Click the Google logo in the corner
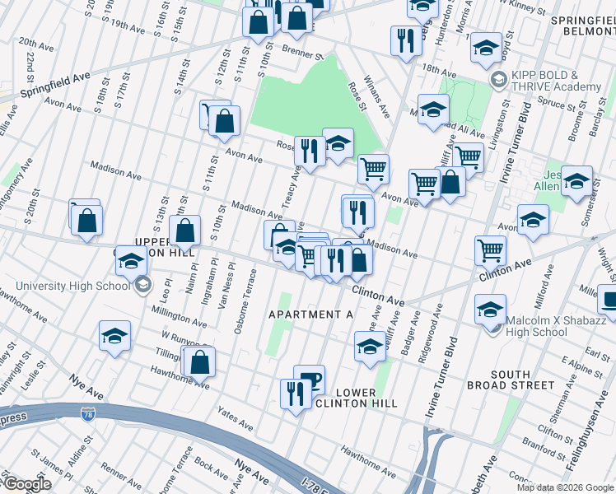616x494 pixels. pos(26,483)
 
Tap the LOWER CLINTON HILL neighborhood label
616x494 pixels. pos(357,396)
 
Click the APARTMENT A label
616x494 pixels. pos(309,315)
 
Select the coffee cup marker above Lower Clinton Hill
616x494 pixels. pos(309,380)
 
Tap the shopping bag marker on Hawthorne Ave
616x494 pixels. pos(199,361)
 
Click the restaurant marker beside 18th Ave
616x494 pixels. pos(404,42)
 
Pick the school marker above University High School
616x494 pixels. pos(130,262)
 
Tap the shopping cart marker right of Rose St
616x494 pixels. pos(373,170)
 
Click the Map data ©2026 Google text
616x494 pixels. pos(563,487)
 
